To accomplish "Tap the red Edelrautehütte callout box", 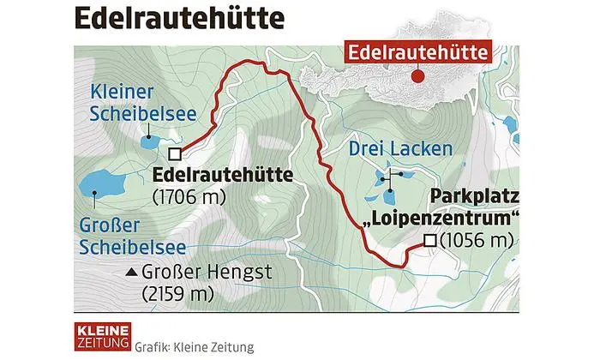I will pyautogui.click(x=417, y=52).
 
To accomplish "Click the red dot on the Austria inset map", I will pyautogui.click(x=417, y=76).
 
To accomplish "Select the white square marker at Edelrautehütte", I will pyautogui.click(x=175, y=154).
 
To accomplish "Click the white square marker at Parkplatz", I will pyautogui.click(x=430, y=241).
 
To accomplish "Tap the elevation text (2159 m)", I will pyautogui.click(x=177, y=295).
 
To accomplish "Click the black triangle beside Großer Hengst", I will pyautogui.click(x=131, y=274).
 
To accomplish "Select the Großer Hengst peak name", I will pyautogui.click(x=198, y=274).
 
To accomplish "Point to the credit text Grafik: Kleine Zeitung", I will pyautogui.click(x=195, y=346).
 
